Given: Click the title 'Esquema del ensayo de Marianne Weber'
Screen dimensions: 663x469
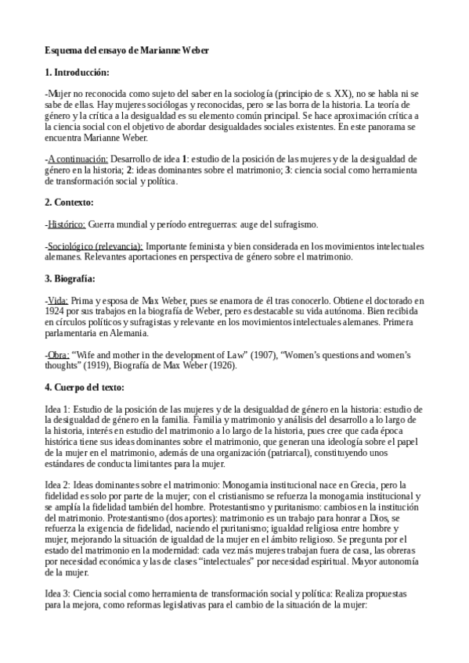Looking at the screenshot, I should [126, 50].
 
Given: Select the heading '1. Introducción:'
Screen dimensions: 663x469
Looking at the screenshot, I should [82, 72].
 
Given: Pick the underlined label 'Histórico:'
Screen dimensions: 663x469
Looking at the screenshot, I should [67, 224].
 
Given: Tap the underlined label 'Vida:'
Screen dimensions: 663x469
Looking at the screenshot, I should [58, 299].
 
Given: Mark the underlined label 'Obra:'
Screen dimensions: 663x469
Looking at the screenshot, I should [60, 354].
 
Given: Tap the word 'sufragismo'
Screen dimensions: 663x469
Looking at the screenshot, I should [292, 224].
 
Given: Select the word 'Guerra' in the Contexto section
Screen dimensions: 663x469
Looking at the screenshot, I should [106, 224].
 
